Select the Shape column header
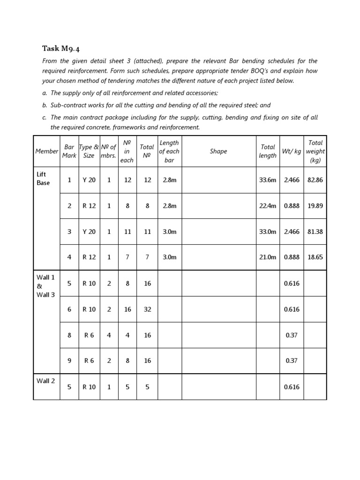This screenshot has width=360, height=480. click(218, 151)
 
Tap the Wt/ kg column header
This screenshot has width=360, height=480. click(292, 151)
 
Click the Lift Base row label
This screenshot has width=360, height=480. click(43, 179)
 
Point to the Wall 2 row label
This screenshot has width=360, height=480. click(46, 381)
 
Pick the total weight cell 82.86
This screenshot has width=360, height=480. click(315, 180)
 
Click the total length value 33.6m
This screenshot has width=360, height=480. click(268, 180)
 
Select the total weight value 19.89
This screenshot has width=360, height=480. click(315, 206)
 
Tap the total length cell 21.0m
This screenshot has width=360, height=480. click(268, 257)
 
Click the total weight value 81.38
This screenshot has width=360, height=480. click(315, 232)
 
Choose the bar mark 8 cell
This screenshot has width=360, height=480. click(69, 335)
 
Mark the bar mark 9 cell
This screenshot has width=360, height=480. click(69, 361)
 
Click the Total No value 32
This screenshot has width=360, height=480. click(147, 309)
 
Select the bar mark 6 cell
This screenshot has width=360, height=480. click(69, 309)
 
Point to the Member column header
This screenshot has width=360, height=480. click(46, 151)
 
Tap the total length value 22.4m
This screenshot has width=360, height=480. click(268, 206)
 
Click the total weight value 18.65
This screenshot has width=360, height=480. click(315, 257)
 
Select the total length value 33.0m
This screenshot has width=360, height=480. click(268, 232)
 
